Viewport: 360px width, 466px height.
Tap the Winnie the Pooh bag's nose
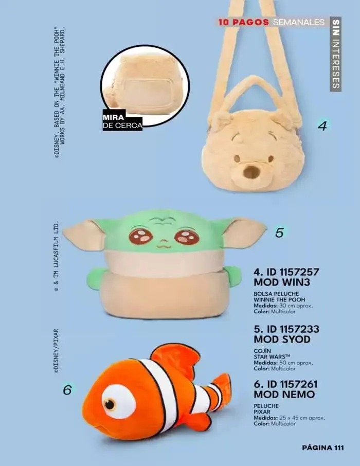pos(251,172)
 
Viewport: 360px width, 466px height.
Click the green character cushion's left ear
pos(83,234)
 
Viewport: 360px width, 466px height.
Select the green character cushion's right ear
pos(243,232)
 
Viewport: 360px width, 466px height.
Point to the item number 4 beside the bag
pos(322,126)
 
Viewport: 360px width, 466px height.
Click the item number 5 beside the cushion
pos(279,232)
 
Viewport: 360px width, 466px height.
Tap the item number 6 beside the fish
pos(67,390)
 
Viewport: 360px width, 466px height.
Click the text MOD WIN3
pos(282,282)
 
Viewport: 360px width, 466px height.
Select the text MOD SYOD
pos(282,339)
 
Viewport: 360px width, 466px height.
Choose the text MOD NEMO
pos(284,395)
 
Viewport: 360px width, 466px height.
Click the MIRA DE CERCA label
pos(122,121)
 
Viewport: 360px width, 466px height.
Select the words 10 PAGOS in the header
pos(243,22)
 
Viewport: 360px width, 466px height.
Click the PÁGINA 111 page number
pos(323,447)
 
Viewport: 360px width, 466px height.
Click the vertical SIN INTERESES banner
pos(336,54)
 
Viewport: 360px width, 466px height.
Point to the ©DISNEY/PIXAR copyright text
pos(57,351)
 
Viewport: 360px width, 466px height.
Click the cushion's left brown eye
pos(140,236)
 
